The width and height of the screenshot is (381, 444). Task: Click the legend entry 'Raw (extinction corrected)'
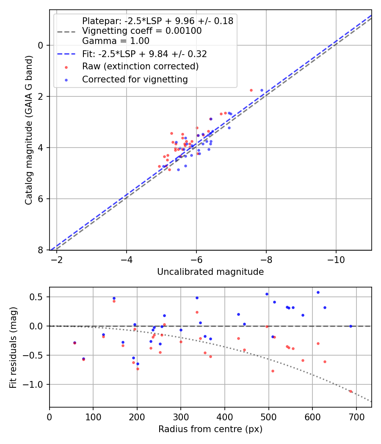tap(140, 67)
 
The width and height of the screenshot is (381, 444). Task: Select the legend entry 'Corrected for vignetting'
tap(135, 79)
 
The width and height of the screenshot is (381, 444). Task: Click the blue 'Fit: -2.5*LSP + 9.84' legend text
tap(144, 54)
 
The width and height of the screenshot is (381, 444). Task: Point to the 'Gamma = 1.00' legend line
tap(116, 41)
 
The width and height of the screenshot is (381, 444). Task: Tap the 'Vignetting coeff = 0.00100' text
tap(142, 31)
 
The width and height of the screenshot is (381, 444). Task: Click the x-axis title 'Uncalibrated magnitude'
tap(210, 272)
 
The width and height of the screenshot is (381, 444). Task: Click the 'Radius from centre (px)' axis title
tap(210, 429)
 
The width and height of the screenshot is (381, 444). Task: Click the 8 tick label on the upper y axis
tap(41, 250)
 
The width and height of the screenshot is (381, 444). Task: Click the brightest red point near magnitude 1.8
tap(251, 90)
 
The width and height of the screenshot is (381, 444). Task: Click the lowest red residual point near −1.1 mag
tap(351, 391)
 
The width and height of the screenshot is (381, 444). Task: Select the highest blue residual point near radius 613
tap(318, 292)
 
